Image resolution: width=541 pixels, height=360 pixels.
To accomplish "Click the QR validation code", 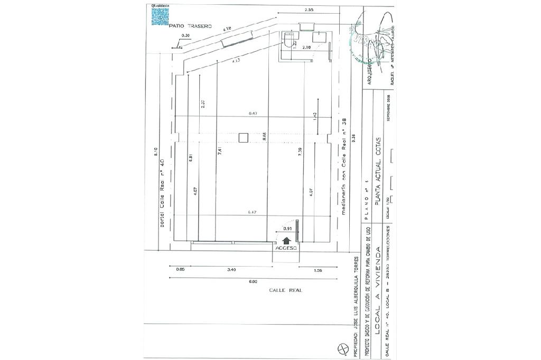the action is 161,15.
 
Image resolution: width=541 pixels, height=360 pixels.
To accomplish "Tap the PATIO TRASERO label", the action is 190,25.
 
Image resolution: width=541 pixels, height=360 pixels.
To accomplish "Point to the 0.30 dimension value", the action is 185,35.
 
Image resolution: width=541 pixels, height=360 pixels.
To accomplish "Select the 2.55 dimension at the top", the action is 309,10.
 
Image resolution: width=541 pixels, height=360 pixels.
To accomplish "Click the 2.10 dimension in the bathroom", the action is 306,48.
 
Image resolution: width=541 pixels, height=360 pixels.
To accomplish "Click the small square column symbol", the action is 243,138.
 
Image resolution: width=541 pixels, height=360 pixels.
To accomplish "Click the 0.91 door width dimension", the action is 288,229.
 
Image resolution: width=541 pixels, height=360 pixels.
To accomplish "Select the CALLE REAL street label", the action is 285,290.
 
